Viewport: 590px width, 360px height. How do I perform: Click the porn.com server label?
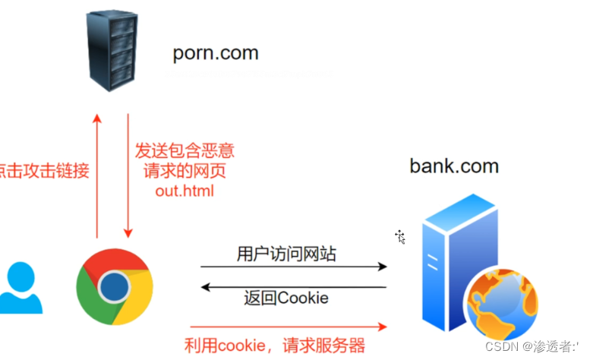[215, 54]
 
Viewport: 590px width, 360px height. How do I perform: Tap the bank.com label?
[454, 165]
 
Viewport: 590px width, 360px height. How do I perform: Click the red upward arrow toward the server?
[96, 175]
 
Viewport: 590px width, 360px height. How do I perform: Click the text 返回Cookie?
[286, 298]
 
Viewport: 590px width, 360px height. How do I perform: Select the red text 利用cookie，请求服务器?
[275, 345]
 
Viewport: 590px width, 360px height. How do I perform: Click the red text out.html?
[185, 191]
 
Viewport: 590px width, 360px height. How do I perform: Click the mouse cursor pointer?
[400, 237]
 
